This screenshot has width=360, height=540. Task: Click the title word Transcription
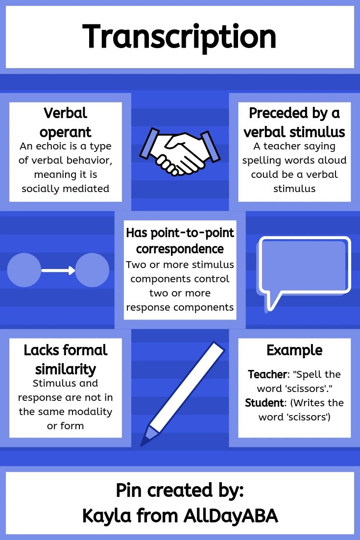179,38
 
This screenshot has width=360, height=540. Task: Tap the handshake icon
180,152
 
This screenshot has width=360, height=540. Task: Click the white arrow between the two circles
58,270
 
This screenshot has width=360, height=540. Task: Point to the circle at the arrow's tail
24,270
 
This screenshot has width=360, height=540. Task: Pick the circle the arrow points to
92,270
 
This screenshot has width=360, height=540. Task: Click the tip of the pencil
142,445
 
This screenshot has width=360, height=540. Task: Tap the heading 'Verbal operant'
66,123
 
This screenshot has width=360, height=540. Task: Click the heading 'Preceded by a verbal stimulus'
294,123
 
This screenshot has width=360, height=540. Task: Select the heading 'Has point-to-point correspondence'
180,241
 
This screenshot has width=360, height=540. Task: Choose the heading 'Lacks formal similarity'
66,360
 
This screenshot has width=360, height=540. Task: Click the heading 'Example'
294,350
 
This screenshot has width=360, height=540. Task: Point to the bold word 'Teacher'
267,374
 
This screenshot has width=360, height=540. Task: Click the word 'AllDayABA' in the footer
231,516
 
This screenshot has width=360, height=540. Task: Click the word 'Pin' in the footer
129,491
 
